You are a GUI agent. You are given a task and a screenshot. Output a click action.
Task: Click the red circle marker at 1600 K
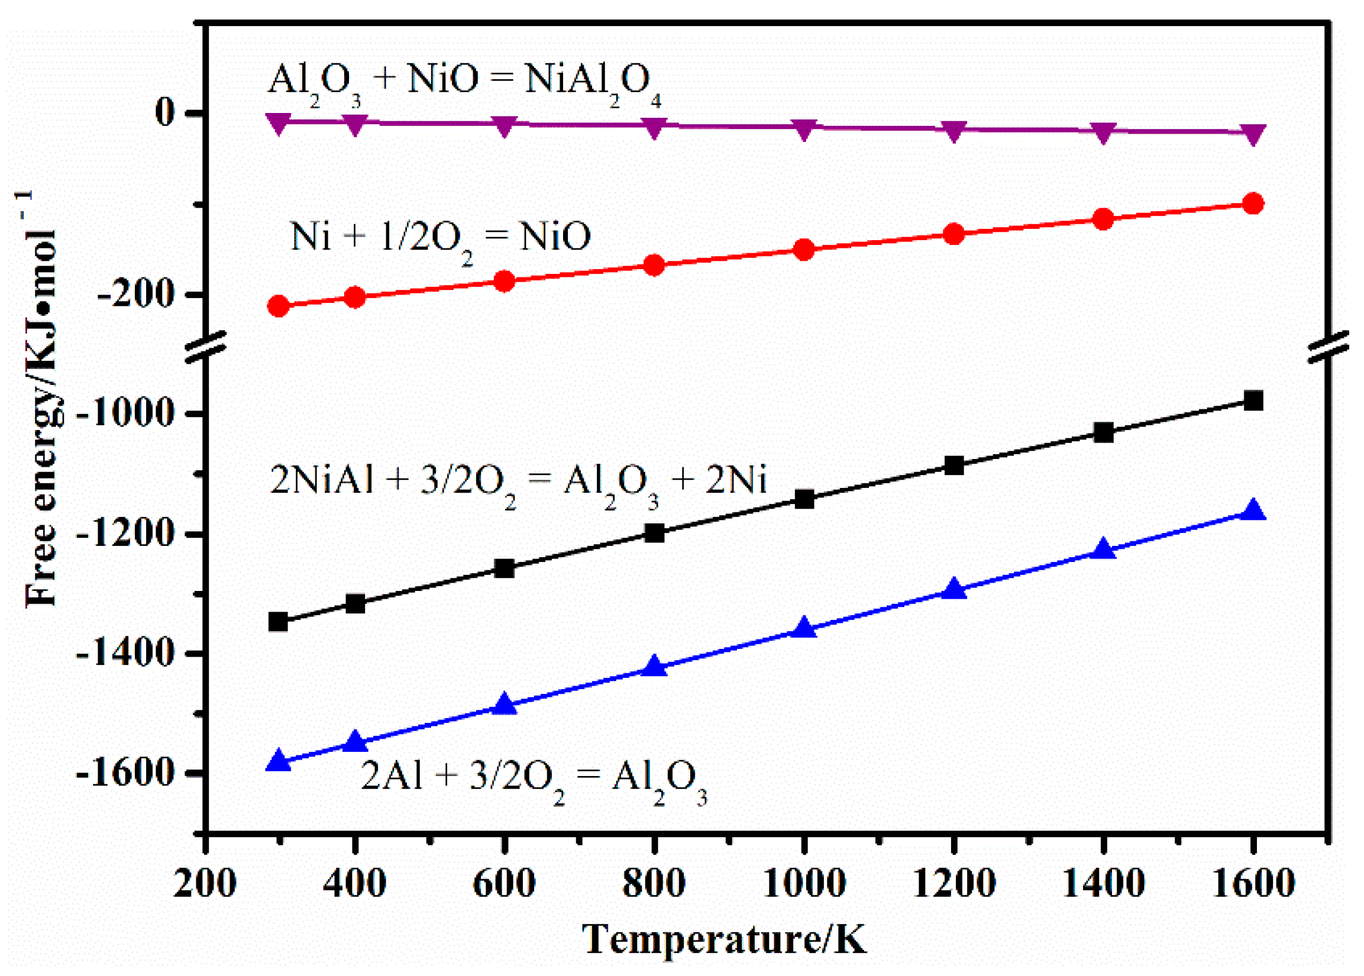pyautogui.click(x=1253, y=203)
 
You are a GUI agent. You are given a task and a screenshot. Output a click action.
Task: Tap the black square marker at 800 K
pyautogui.click(x=654, y=533)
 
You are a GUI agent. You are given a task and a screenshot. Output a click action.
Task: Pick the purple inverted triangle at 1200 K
pyautogui.click(x=953, y=131)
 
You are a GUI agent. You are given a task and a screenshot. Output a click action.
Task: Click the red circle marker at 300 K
pyautogui.click(x=278, y=306)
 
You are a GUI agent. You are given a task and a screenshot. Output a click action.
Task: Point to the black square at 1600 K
pyautogui.click(x=1253, y=401)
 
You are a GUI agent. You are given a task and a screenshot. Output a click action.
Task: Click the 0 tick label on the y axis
pyautogui.click(x=165, y=113)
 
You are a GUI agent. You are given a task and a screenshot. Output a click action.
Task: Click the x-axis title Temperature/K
pyautogui.click(x=724, y=939)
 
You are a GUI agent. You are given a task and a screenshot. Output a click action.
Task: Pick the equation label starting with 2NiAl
pyautogui.click(x=518, y=483)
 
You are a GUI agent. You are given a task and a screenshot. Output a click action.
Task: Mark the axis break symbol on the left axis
pyautogui.click(x=205, y=347)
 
